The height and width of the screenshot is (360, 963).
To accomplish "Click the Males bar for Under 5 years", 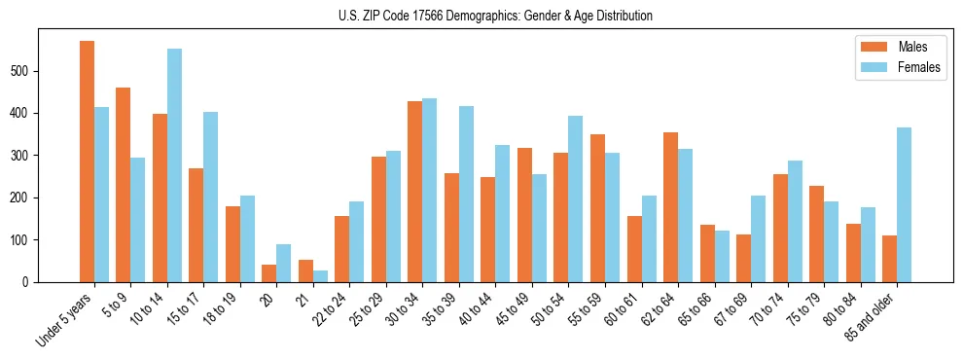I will pyautogui.click(x=88, y=162).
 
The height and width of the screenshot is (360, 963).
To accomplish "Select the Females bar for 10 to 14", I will pyautogui.click(x=174, y=165).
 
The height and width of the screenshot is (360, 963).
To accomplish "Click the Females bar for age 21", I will pyautogui.click(x=320, y=276).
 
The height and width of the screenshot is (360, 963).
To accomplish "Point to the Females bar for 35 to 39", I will pyautogui.click(x=466, y=195).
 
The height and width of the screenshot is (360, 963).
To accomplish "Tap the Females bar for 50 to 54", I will pyautogui.click(x=576, y=199).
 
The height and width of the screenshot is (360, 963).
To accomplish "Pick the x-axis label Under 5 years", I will pyautogui.click(x=65, y=320).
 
